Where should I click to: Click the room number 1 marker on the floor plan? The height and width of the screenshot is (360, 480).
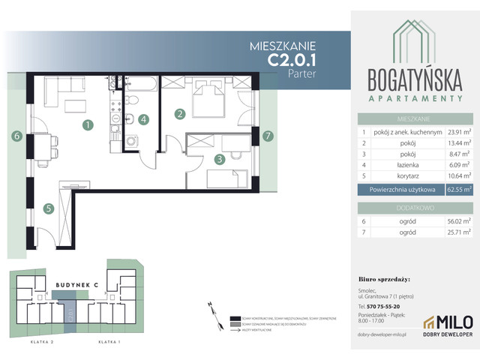tap(88, 125)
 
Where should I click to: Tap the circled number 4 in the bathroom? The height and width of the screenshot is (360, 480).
tap(144, 118)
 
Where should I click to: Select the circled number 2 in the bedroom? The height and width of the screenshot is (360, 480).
tap(180, 115)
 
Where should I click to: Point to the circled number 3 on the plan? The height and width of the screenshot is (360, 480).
tap(219, 158)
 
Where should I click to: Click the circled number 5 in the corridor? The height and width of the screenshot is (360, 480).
tap(47, 209)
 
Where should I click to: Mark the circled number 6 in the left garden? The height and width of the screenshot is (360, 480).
tap(15, 136)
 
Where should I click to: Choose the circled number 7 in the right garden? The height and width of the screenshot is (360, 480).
tap(268, 136)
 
